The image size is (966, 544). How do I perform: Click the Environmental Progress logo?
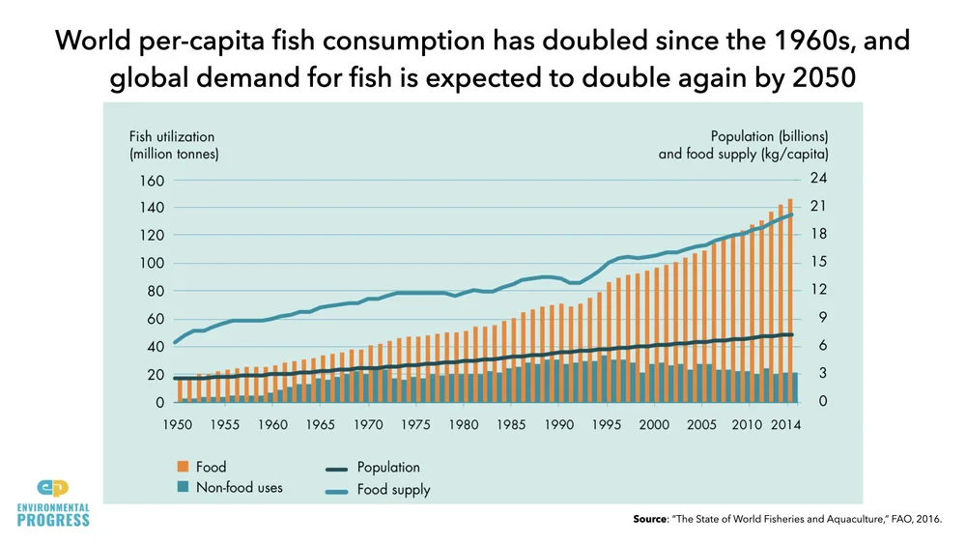[x=53, y=502]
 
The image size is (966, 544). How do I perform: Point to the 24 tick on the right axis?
[x=816, y=179]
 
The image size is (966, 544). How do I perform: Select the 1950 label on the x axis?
[x=177, y=425]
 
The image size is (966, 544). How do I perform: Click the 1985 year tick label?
[x=511, y=425]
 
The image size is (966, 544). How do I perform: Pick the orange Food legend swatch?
[x=183, y=468]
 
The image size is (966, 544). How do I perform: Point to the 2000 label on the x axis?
[x=654, y=425]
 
